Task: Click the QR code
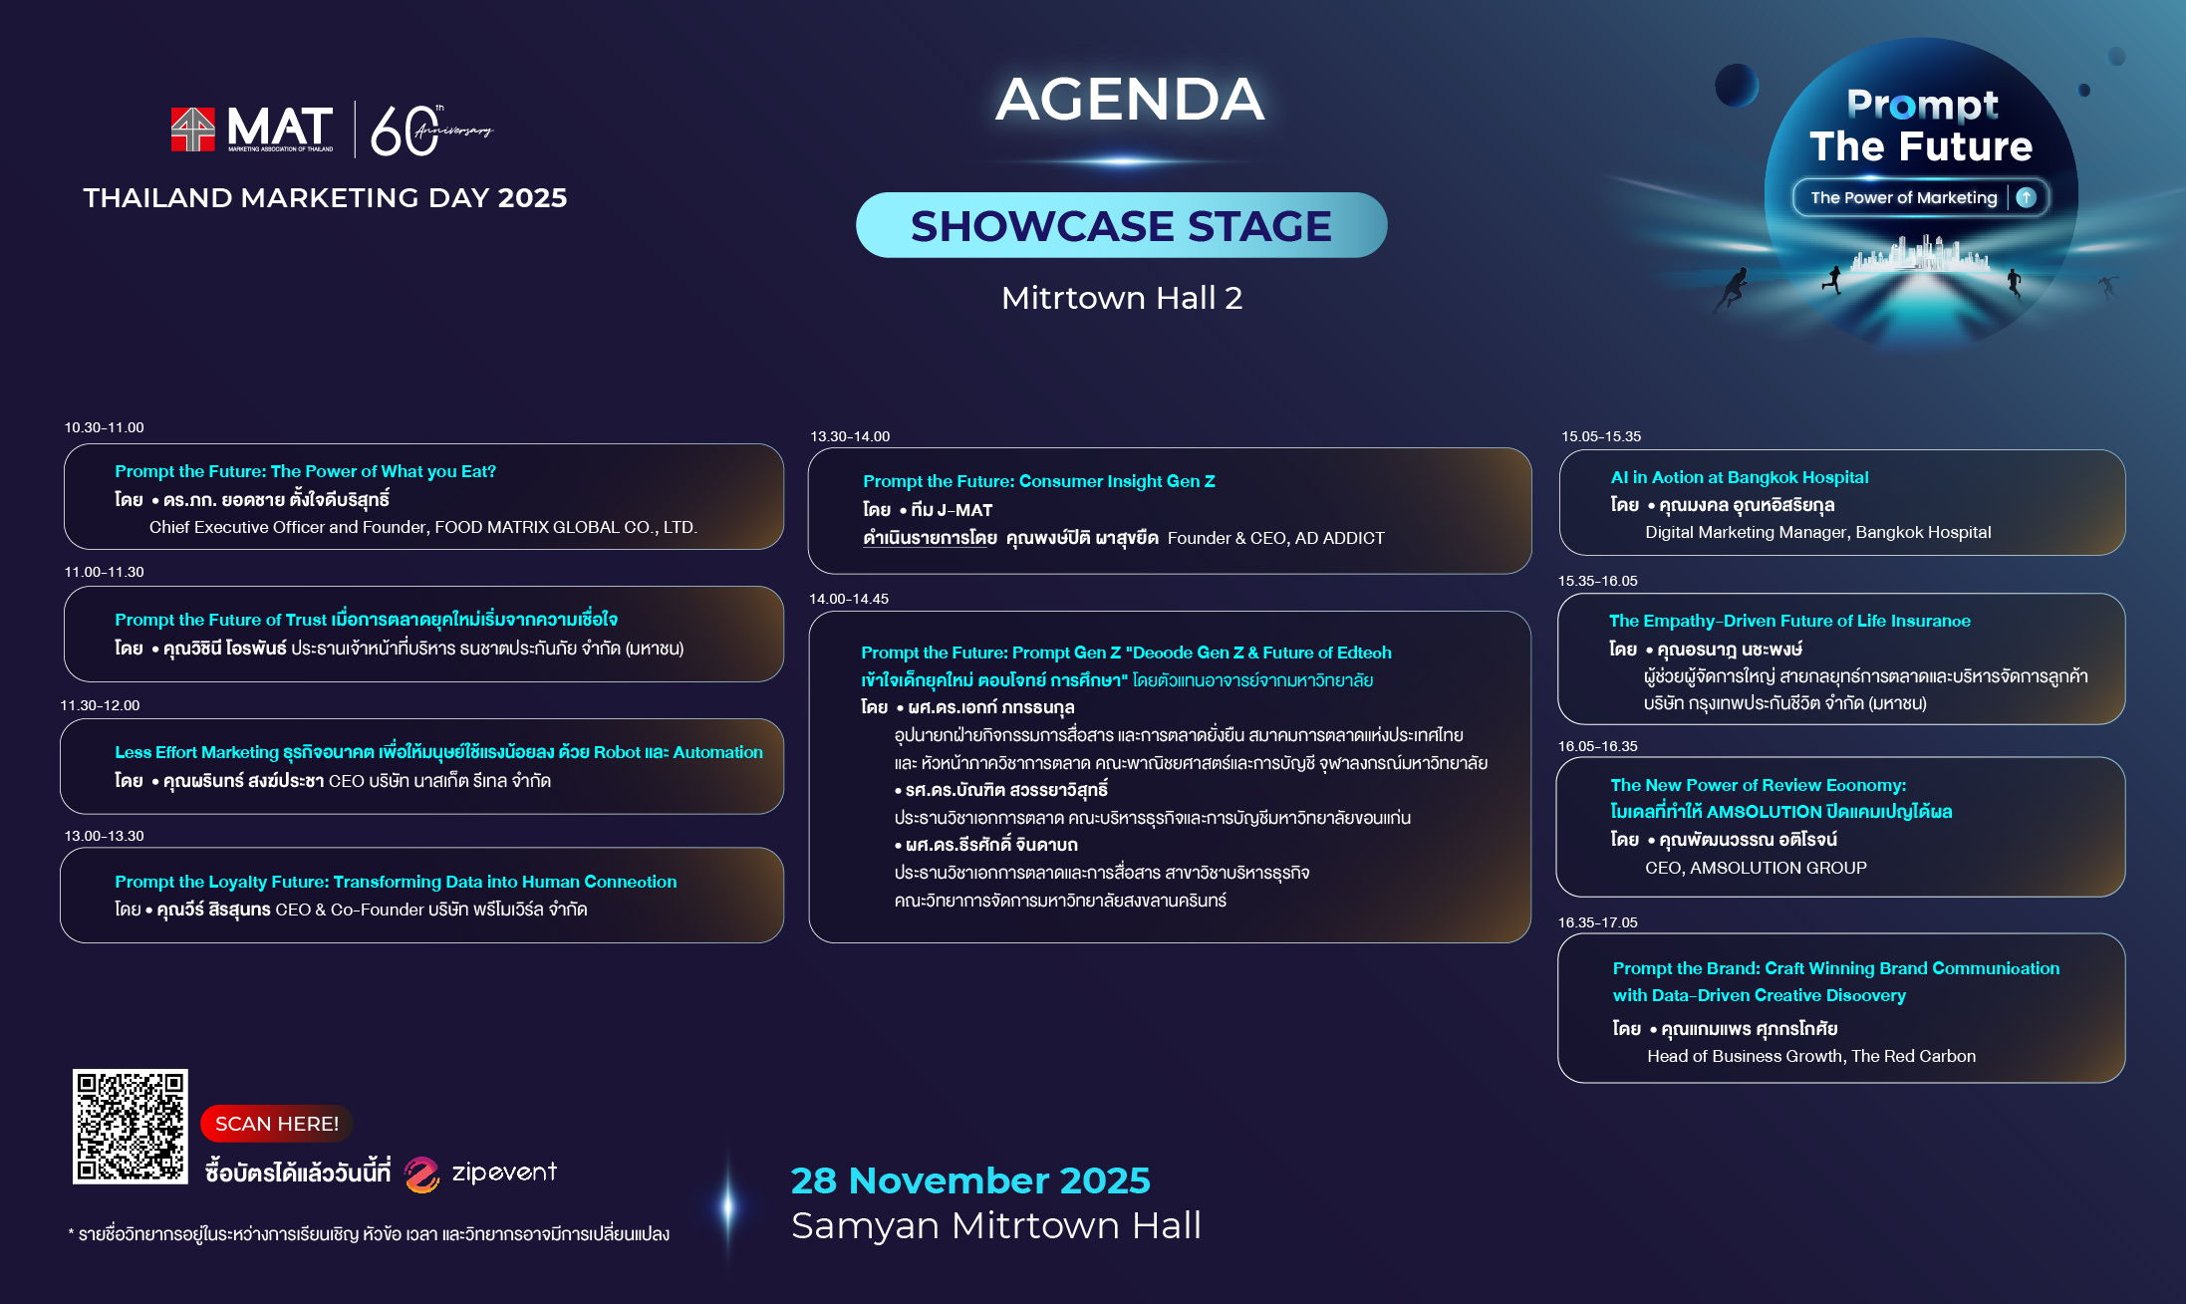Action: tap(131, 1127)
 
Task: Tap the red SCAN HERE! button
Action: tap(277, 1124)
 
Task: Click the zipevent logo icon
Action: tap(421, 1174)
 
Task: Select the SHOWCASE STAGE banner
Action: tap(1121, 225)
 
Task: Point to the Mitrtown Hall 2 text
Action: tap(1122, 298)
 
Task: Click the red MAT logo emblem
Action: tap(193, 130)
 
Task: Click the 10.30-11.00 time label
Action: tap(105, 427)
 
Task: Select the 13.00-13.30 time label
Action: tap(105, 836)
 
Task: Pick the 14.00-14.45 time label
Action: tap(849, 599)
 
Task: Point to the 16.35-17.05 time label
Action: tap(1598, 922)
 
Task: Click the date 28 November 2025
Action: tap(970, 1180)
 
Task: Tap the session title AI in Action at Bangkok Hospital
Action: tap(1740, 477)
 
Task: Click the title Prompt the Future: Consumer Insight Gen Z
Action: tap(1039, 481)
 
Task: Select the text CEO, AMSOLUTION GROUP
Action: tap(1756, 868)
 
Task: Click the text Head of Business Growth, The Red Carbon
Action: tap(1811, 1056)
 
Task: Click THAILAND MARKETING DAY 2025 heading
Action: tap(325, 198)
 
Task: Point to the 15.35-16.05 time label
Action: tap(1598, 581)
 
